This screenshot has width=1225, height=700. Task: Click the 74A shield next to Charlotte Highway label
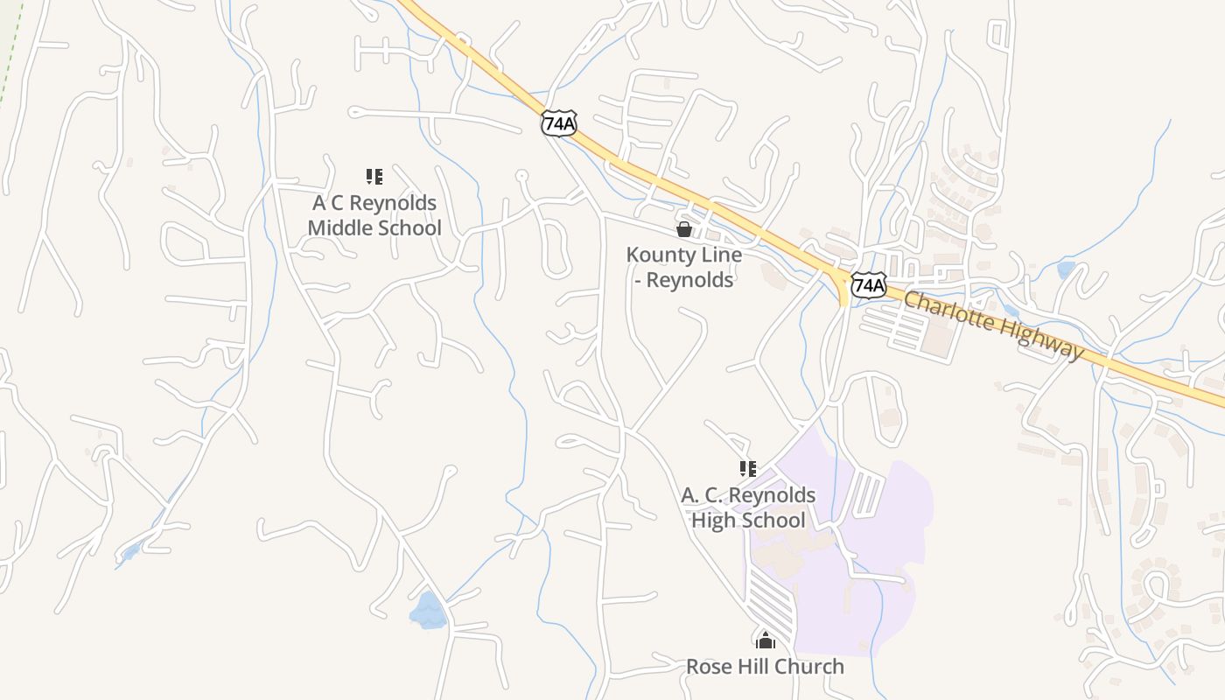(868, 284)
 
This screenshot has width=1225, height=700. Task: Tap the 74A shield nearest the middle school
(558, 123)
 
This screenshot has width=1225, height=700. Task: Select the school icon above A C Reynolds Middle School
(374, 177)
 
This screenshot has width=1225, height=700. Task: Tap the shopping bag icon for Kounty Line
(684, 229)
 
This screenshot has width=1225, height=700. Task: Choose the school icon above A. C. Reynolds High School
(747, 469)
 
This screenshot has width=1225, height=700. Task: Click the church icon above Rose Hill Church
(766, 640)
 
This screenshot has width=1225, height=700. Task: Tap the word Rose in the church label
(708, 667)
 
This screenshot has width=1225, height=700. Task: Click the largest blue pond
(428, 611)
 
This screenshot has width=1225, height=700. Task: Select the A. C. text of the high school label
(702, 495)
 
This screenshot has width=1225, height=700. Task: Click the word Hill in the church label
(754, 667)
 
